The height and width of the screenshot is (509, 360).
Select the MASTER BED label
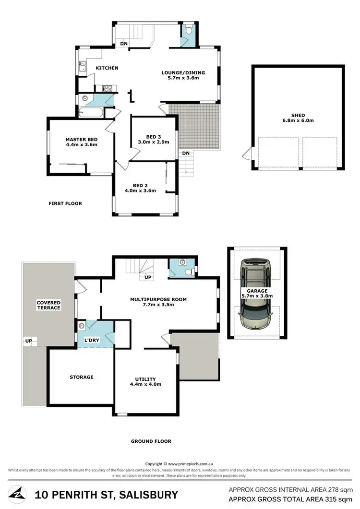click(82, 140)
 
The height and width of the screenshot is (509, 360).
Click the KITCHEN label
click(107, 68)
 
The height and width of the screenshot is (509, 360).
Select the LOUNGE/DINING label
click(182, 73)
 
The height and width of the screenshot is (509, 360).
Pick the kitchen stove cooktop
click(107, 88)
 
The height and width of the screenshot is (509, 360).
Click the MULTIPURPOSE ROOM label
click(158, 299)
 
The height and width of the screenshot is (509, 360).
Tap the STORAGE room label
click(82, 377)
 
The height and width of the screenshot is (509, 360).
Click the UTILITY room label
click(145, 379)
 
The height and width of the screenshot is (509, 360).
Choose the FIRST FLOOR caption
click(65, 203)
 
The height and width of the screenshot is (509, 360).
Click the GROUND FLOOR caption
click(151, 441)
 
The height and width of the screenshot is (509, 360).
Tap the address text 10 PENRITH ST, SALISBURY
click(106, 495)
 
